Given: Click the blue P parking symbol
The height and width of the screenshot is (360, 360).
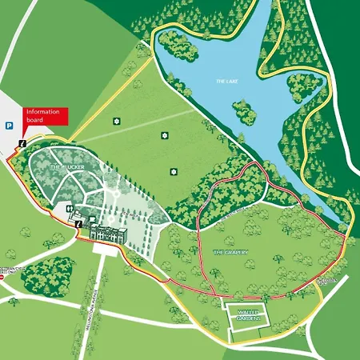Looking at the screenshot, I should point(9,126).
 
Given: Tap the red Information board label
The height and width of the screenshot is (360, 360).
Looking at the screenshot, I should point(45,116).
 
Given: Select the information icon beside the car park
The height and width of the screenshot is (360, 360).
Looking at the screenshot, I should point(22,143).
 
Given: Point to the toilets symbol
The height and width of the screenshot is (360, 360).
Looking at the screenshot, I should point(72,206).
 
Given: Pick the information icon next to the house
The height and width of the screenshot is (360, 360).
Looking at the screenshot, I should point(78,224).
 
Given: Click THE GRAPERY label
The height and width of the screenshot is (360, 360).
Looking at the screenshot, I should point(230,252).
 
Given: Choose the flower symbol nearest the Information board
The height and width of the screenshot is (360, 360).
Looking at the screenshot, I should point(117,122).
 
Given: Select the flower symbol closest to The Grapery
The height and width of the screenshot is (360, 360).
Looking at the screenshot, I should point(173,170).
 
